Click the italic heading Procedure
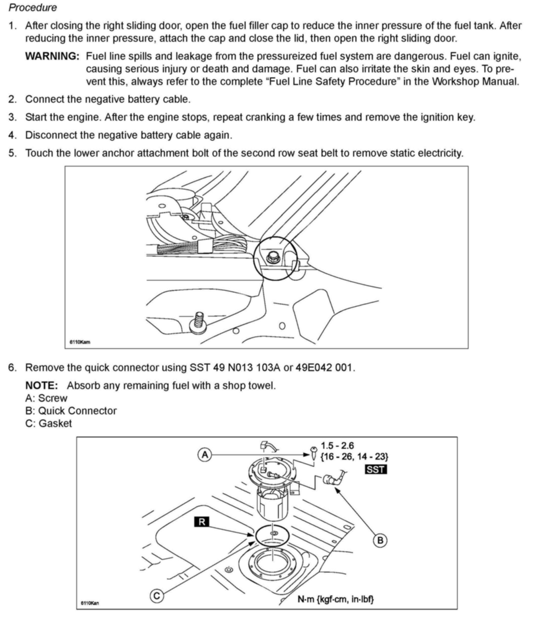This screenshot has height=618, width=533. coord(33,7)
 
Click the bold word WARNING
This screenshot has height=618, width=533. coord(52,56)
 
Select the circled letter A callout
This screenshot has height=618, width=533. coord(205,455)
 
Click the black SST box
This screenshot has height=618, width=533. coord(375,470)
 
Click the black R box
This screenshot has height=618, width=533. coord(202,522)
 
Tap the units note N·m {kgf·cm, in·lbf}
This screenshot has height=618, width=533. coord(335,599)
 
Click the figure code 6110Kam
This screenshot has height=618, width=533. coord(80,342)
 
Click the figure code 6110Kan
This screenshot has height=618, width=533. coord(90,603)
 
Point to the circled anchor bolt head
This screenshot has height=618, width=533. coord(272,257)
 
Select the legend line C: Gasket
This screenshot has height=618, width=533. coord(49,423)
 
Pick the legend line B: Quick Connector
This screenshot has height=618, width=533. coord(71,411)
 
